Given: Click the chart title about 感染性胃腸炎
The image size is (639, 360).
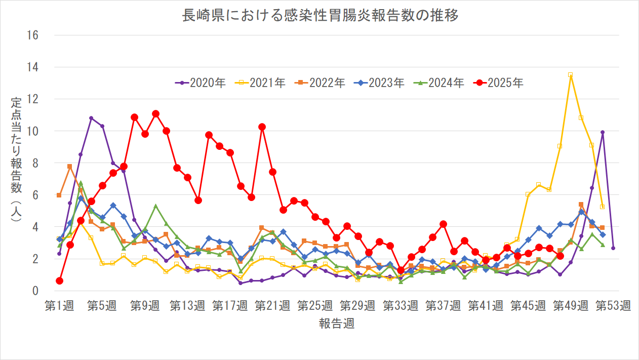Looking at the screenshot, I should [x=320, y=16].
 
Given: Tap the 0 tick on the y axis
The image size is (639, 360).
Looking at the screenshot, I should [x=35, y=291].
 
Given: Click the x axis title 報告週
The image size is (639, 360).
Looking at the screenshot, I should [x=336, y=324].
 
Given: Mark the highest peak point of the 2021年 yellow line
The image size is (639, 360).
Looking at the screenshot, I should [x=571, y=75].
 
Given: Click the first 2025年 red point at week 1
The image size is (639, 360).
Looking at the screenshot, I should [x=59, y=281].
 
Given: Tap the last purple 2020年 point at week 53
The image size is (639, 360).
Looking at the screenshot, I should [x=613, y=248].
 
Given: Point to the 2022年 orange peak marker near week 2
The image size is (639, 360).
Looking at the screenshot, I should [x=70, y=167].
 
